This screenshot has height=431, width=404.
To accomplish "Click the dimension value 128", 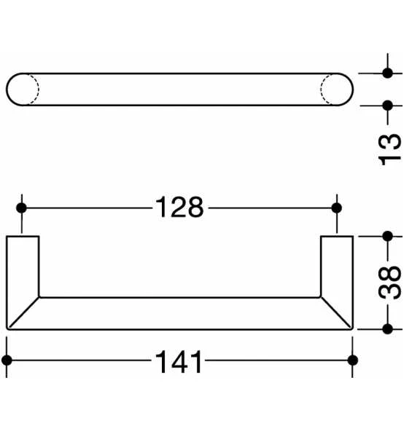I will tap(179, 209).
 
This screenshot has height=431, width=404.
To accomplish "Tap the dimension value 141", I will tap(179, 361).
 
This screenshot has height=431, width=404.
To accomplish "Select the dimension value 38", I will tap(389, 282).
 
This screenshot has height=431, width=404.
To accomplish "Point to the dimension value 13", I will tap(390, 148).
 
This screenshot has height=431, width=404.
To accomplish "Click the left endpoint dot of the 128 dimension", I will tap(21, 209).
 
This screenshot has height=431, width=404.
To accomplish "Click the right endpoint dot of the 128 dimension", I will tap(336, 209).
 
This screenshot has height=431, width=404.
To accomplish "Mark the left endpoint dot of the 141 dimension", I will tap(7, 360).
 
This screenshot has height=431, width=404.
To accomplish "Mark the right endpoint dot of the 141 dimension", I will tap(353, 360).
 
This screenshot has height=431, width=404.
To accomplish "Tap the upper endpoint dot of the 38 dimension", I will tap(387, 236).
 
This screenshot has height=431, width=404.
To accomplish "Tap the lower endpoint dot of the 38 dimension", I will tap(387, 329).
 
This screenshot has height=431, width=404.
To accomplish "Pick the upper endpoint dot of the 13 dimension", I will tap(387, 73).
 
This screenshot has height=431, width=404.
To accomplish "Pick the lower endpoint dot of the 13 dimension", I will tap(387, 105).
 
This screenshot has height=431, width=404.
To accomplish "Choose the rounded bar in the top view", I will tap(179, 89).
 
